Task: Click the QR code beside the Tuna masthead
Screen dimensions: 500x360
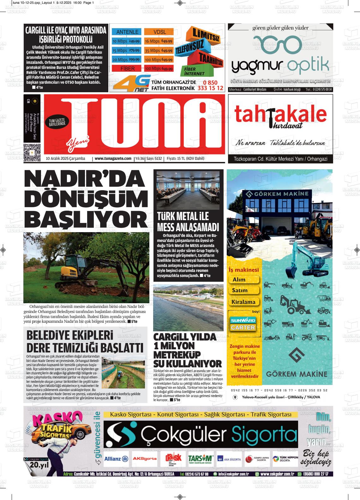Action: pyautogui.click(x=32, y=152)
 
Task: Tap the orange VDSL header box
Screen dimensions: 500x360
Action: pyautogui.click(x=160, y=32)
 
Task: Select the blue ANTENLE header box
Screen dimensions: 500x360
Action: pyautogui.click(x=127, y=32)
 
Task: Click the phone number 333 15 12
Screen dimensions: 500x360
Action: pyautogui.click(x=210, y=88)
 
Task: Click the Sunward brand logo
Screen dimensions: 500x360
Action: pyautogui.click(x=243, y=320)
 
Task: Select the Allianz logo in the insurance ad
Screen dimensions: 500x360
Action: pyautogui.click(x=116, y=459)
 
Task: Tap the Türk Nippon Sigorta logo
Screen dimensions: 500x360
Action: pyautogui.click(x=285, y=459)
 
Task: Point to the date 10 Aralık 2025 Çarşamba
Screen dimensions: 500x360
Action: pyautogui.click(x=65, y=159)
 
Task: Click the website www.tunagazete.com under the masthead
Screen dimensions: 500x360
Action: pyautogui.click(x=113, y=159)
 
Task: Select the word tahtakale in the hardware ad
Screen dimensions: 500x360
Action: pyautogui.click(x=280, y=115)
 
